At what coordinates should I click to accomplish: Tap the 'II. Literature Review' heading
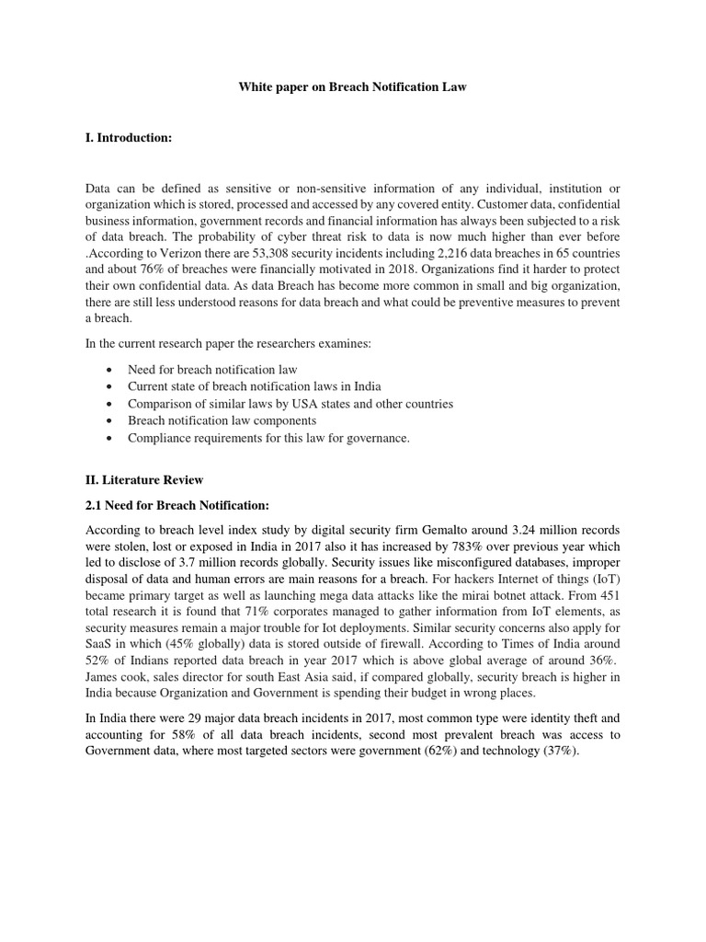144,479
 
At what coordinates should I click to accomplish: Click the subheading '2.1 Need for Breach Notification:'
176,505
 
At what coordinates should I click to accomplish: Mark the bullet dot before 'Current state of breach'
110,386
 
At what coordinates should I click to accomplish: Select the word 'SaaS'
100,649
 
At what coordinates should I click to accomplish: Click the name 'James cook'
117,684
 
